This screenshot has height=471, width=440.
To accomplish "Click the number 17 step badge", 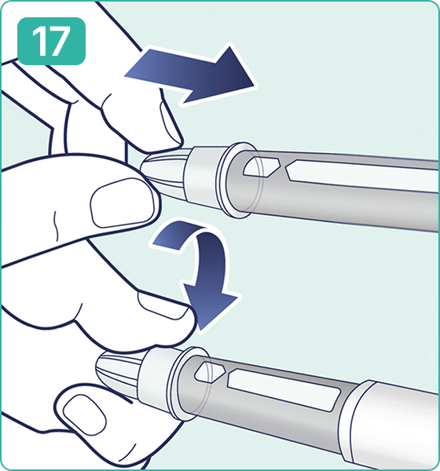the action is [x=51, y=41].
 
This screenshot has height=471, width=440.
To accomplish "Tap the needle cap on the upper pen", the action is [x=164, y=174].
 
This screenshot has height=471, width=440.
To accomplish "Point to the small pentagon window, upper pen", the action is [x=262, y=166].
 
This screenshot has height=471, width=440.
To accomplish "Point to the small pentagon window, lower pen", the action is [x=210, y=373].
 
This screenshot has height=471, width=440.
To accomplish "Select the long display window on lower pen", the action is [x=284, y=390].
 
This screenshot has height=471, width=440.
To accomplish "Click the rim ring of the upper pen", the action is [x=237, y=180].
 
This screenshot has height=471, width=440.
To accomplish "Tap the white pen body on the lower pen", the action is [x=391, y=426].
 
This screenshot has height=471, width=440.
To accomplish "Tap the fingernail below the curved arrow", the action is [x=164, y=305].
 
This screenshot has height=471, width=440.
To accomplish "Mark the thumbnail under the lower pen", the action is [x=85, y=415].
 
